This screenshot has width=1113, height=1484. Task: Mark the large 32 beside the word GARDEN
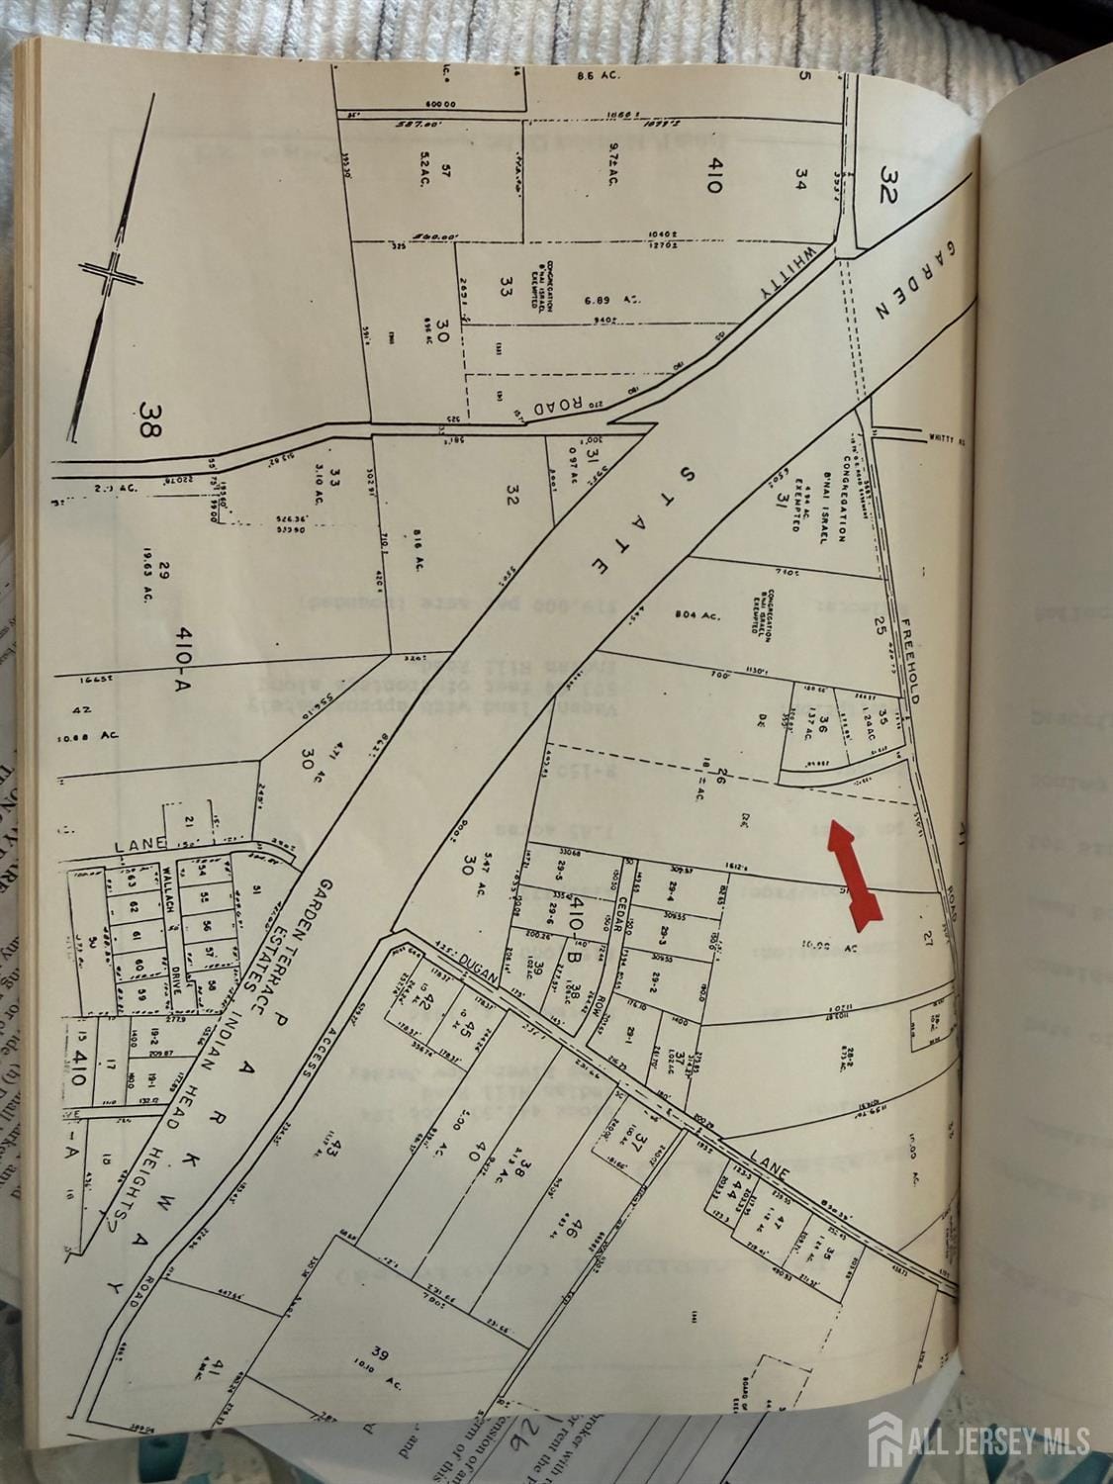point(885,182)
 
